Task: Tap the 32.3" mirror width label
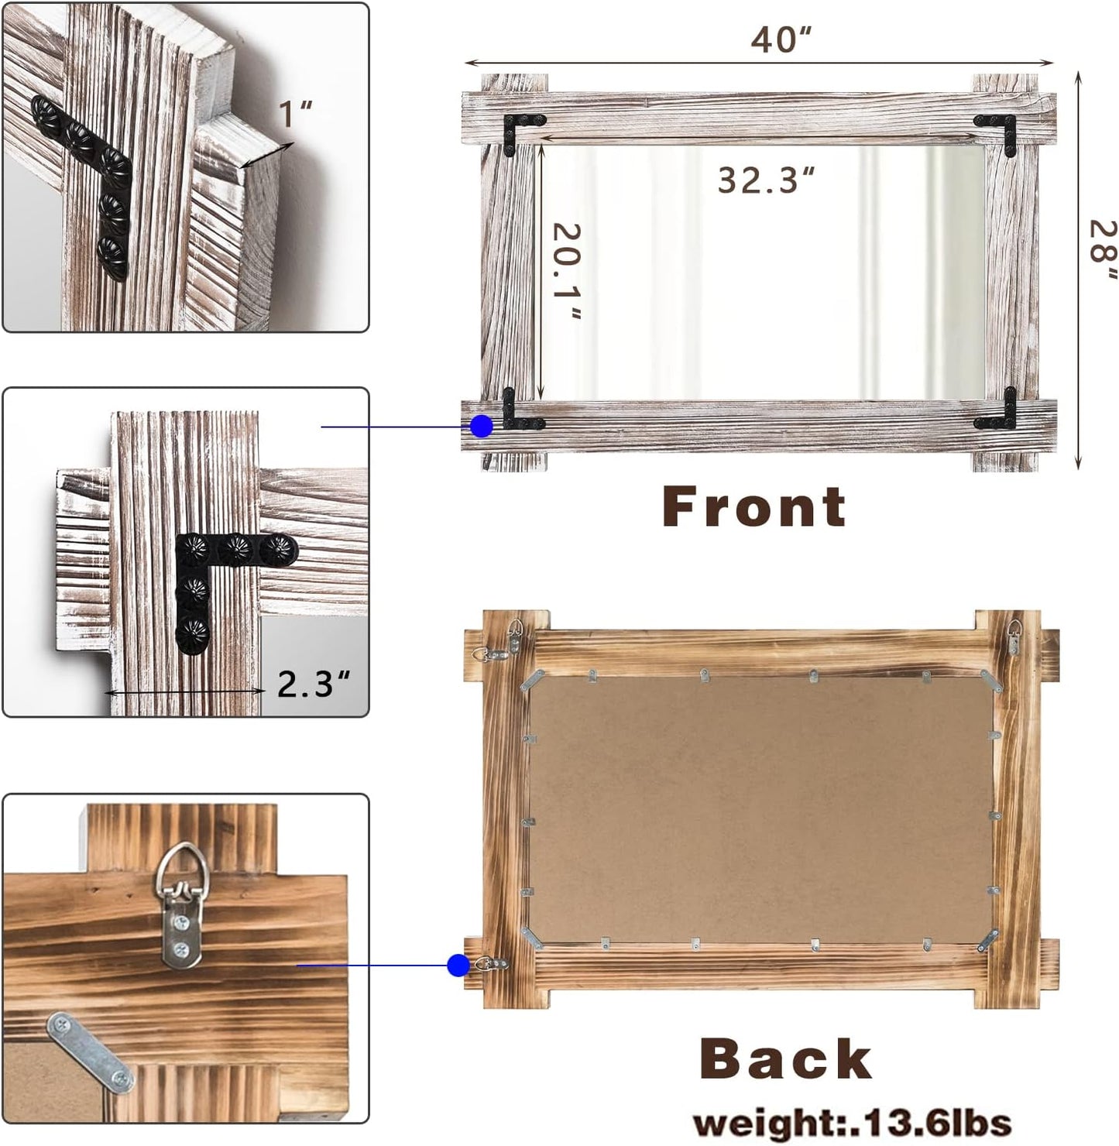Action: point(766,180)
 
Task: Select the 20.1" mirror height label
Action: point(567,270)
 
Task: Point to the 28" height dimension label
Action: point(1102,250)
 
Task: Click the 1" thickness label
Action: point(295,114)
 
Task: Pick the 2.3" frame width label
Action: point(314,684)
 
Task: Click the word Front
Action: point(753,507)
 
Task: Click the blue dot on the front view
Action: point(482,426)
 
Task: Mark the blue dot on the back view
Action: point(458,965)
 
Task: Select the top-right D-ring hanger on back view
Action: point(1014,636)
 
